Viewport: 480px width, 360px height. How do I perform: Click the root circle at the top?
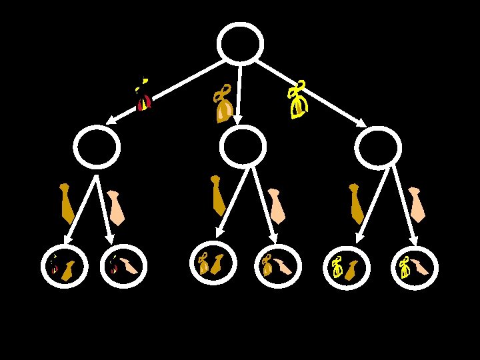click(240, 45)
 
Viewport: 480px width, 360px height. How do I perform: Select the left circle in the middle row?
click(97, 147)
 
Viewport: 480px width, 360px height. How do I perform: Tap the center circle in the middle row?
click(242, 147)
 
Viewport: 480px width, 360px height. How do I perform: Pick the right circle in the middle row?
click(378, 149)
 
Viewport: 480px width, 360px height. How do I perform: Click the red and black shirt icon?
click(143, 97)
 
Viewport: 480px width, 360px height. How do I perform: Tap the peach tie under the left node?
click(116, 208)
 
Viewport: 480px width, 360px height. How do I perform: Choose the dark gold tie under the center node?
click(217, 195)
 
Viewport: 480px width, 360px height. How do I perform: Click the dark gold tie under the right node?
click(356, 203)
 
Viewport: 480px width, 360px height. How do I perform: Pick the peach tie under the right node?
click(417, 204)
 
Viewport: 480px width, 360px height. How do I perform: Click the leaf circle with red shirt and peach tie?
click(123, 266)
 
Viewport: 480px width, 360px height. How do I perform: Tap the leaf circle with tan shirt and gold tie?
click(213, 263)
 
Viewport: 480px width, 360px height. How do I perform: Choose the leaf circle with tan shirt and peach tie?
click(278, 266)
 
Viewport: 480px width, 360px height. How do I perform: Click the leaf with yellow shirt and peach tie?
click(414, 267)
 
